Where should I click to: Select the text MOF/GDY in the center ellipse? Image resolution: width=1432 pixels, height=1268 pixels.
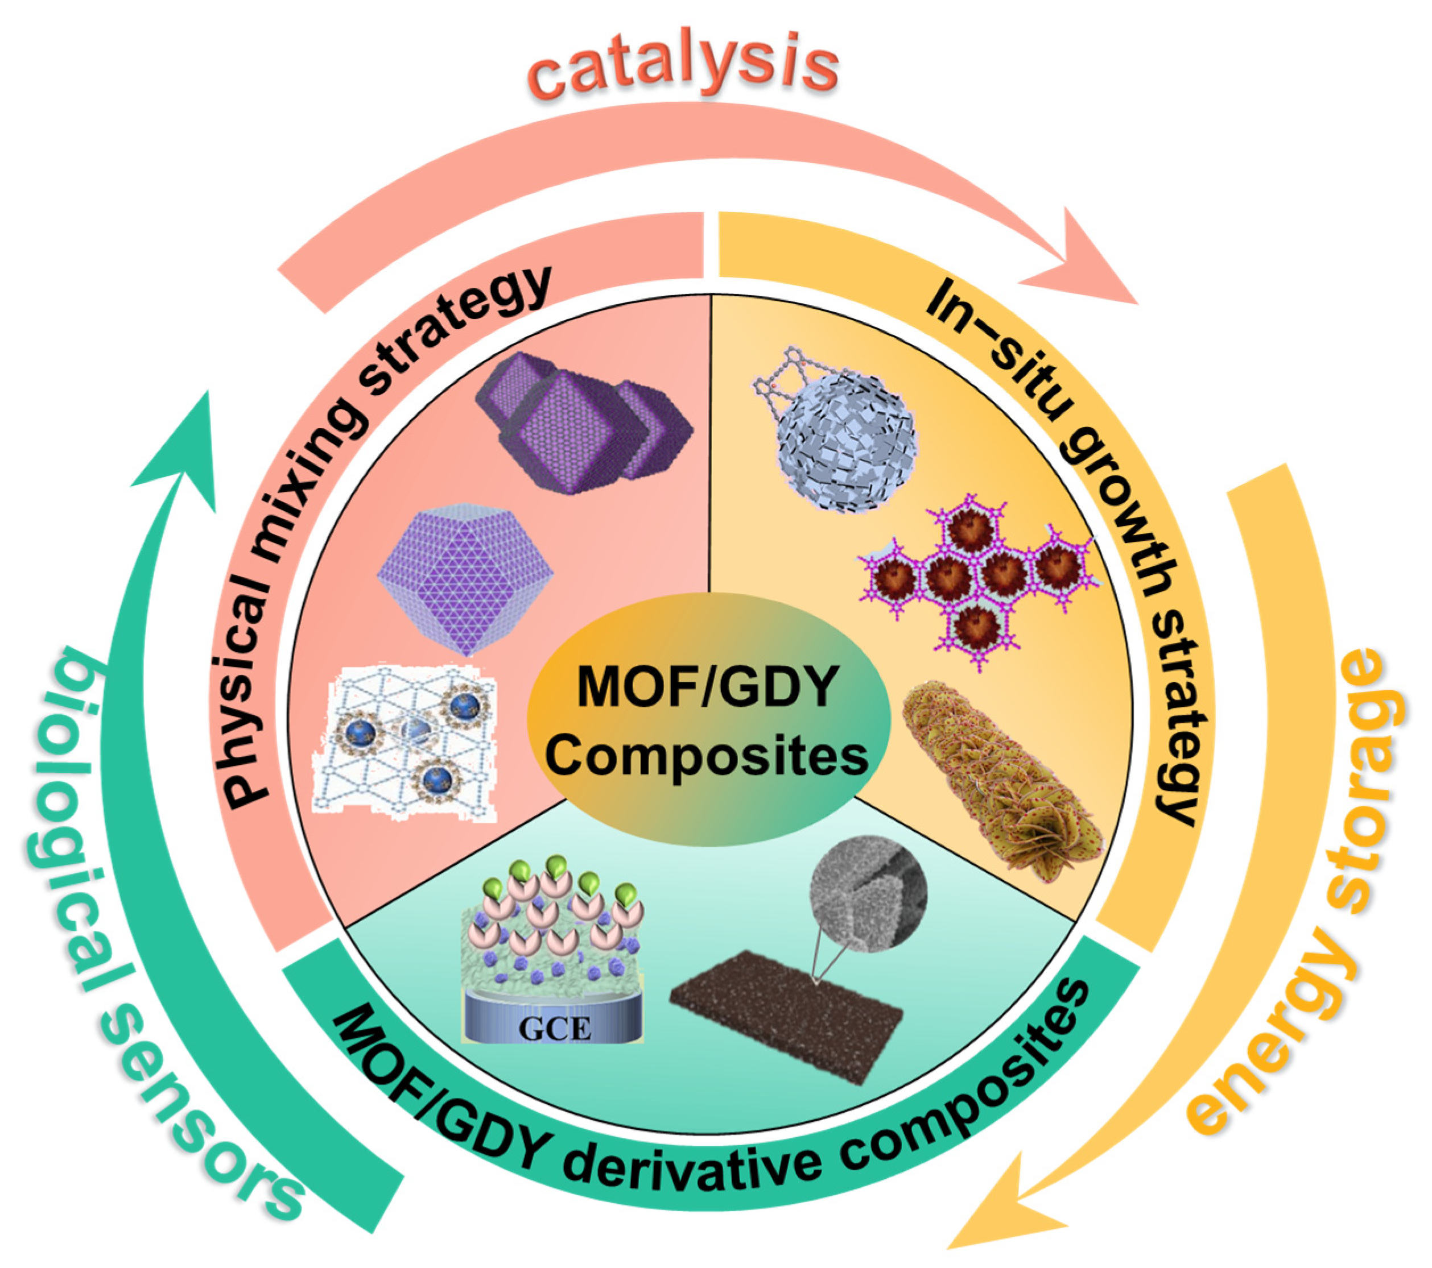click(708, 686)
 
